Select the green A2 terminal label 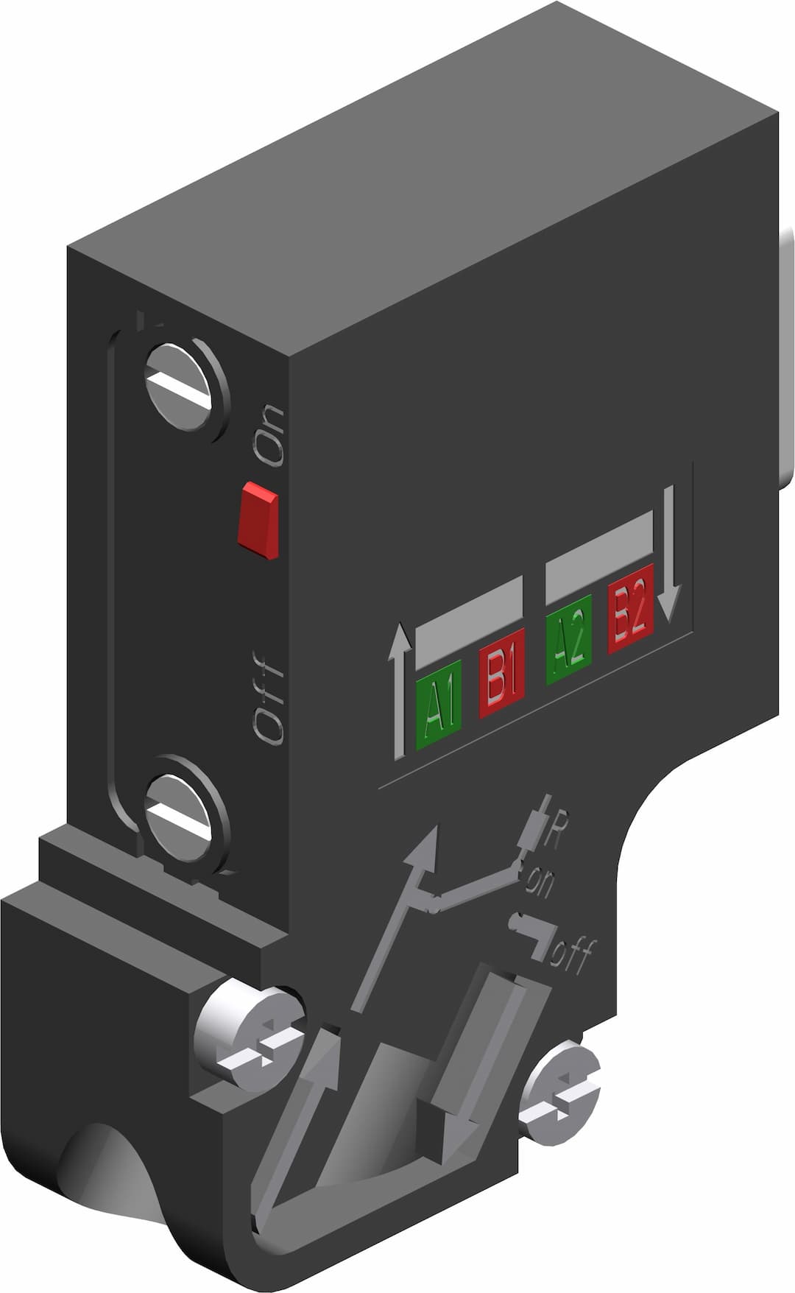pos(568,649)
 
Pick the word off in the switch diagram pos(571,954)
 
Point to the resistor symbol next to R pos(534,825)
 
